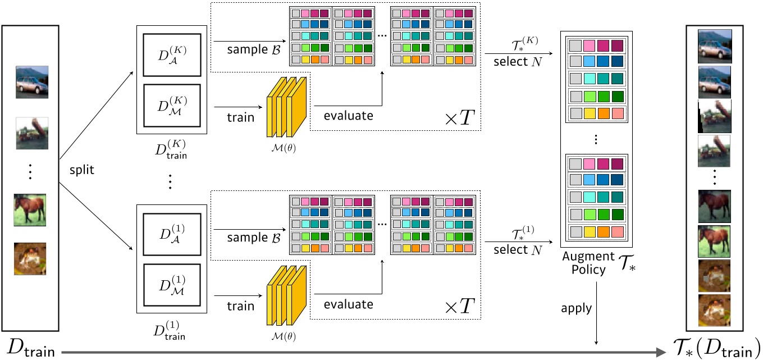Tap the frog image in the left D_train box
click(30, 258)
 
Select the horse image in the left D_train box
click(30, 209)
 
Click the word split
click(82, 168)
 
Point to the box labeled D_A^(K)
click(171, 54)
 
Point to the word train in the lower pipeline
click(240, 307)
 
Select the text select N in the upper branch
click(518, 61)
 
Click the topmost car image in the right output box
click(715, 45)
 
